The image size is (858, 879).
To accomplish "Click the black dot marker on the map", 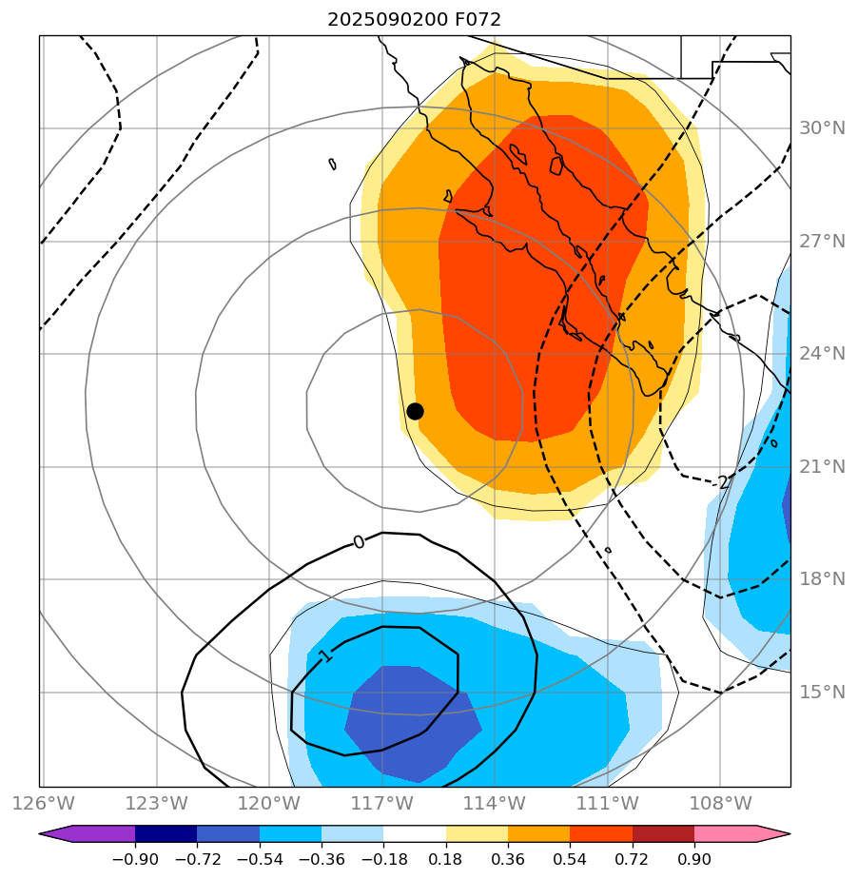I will (415, 411).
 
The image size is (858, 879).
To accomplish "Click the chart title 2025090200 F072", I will (414, 19).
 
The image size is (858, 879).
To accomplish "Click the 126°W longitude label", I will (43, 804).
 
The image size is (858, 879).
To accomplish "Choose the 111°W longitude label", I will (607, 804).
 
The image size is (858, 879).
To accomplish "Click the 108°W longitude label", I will (719, 804).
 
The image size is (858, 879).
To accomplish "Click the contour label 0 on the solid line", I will (359, 541).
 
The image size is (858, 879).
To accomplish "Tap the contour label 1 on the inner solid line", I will (325, 656).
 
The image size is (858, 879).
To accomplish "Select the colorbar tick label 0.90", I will (694, 859).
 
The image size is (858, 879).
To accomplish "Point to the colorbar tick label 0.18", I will (446, 859).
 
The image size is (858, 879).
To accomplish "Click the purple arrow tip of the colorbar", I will (51, 834).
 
